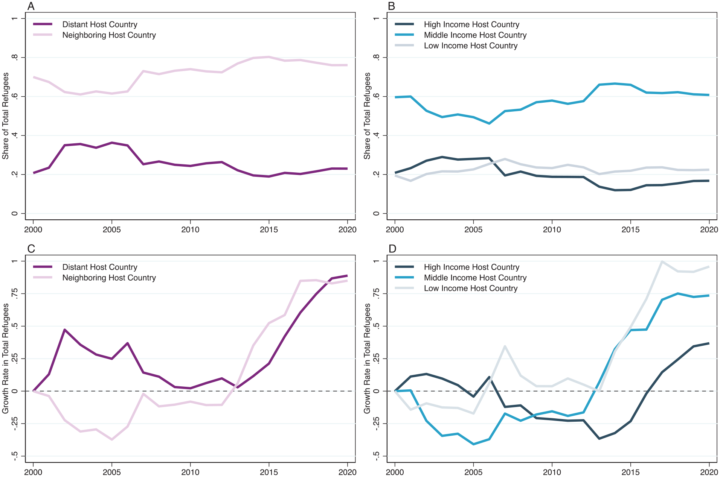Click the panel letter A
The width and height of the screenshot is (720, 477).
[x=31, y=6]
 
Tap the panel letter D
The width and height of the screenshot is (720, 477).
[x=392, y=249]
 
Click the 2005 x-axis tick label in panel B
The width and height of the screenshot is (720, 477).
[x=473, y=229]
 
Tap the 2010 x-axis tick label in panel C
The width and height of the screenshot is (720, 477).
[x=190, y=472]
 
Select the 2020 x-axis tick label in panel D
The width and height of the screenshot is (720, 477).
[x=709, y=472]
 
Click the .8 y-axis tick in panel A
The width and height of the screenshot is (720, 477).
[x=14, y=58]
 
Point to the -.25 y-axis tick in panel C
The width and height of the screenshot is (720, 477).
[x=14, y=424]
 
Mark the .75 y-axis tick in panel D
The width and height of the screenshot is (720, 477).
[x=376, y=293]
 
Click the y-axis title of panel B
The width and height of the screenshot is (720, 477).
[x=367, y=116]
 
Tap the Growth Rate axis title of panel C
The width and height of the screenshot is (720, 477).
[x=5, y=359]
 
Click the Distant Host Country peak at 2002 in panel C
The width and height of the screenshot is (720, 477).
[x=65, y=330]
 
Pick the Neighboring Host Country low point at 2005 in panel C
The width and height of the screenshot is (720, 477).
[x=112, y=439]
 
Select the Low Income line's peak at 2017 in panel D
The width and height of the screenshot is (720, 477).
[x=662, y=261]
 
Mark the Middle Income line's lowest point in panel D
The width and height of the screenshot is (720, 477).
[x=473, y=444]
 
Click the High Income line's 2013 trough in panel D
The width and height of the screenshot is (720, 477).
[x=599, y=439]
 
